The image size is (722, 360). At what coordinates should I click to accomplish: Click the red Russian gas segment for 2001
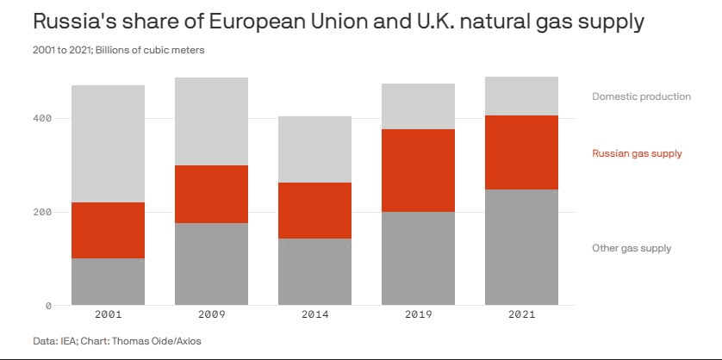[x=108, y=230]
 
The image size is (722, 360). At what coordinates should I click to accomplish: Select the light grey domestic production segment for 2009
[x=211, y=121]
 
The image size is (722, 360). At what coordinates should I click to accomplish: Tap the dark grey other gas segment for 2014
[x=314, y=271]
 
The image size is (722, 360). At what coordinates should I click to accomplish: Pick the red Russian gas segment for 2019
[x=418, y=171]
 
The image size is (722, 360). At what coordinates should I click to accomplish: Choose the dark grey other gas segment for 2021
[x=521, y=246]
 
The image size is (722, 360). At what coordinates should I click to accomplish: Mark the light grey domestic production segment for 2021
[x=521, y=96]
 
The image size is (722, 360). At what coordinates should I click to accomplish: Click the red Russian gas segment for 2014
[x=314, y=210]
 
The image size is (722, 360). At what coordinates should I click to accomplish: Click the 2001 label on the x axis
[x=108, y=314]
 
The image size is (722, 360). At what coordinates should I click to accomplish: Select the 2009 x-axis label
[x=211, y=314]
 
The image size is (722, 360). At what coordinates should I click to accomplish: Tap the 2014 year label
[x=314, y=314]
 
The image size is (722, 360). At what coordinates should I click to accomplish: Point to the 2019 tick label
[x=418, y=314]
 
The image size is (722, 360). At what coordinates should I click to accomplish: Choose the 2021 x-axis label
[x=521, y=314]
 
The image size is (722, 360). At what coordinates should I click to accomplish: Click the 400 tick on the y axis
[x=42, y=118]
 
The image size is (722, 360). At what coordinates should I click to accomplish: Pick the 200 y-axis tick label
[x=42, y=212]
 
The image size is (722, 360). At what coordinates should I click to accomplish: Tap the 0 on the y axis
[x=48, y=306]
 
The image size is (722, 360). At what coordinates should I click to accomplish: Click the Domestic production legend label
[x=641, y=96]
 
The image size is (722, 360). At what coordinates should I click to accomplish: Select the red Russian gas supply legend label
[x=637, y=153]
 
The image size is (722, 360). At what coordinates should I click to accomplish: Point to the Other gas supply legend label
[x=632, y=248]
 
